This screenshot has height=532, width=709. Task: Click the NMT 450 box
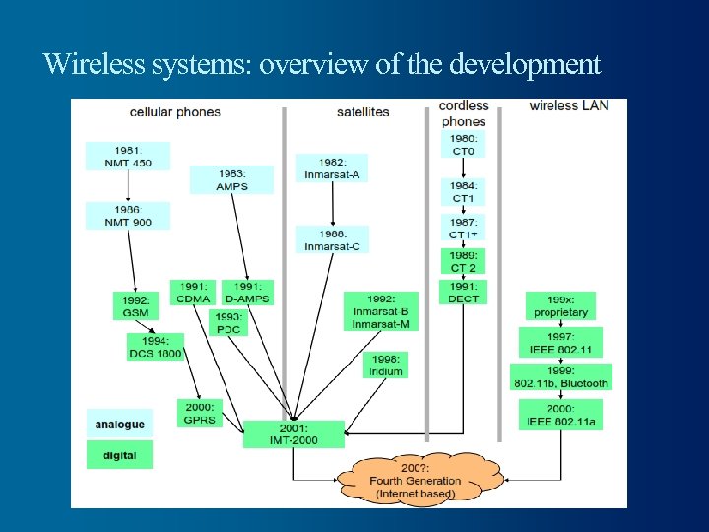click(127, 157)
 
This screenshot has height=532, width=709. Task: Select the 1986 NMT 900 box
click(127, 217)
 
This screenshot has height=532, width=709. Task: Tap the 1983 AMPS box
click(232, 179)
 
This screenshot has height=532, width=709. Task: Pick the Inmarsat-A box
click(332, 168)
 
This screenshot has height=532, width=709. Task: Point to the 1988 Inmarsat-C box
click(332, 239)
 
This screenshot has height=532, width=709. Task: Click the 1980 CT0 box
click(463, 145)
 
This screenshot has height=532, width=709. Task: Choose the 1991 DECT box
click(463, 293)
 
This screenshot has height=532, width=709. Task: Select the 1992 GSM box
click(137, 306)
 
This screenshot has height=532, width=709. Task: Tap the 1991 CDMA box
click(194, 293)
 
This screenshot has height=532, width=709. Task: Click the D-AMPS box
click(246, 293)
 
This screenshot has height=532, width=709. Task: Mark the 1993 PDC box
click(227, 323)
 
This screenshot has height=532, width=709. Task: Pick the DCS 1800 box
click(155, 347)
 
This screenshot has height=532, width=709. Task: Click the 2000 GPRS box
click(199, 413)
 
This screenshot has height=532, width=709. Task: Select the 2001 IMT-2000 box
click(293, 434)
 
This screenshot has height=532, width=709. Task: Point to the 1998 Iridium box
click(384, 366)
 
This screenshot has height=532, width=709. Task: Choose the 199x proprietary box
click(559, 306)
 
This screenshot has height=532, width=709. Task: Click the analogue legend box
click(120, 424)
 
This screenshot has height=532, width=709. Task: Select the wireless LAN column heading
click(568, 106)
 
